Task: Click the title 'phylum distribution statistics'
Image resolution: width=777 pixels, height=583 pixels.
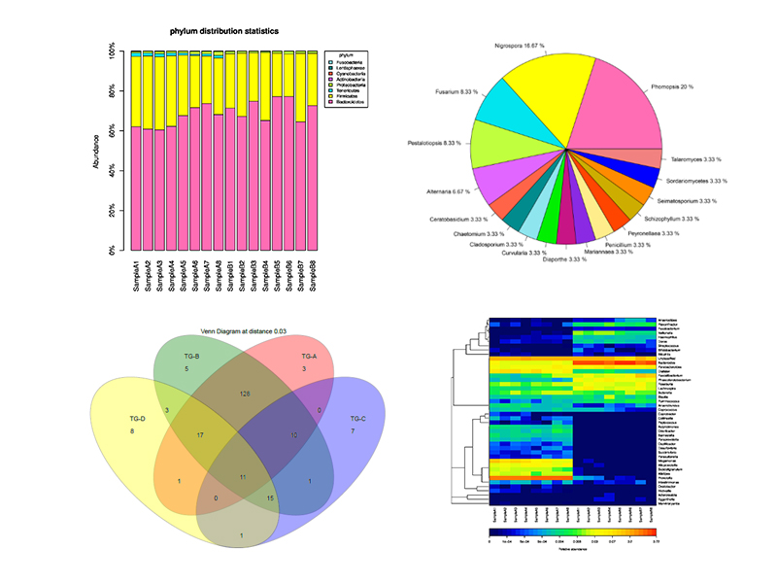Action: [224, 32]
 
